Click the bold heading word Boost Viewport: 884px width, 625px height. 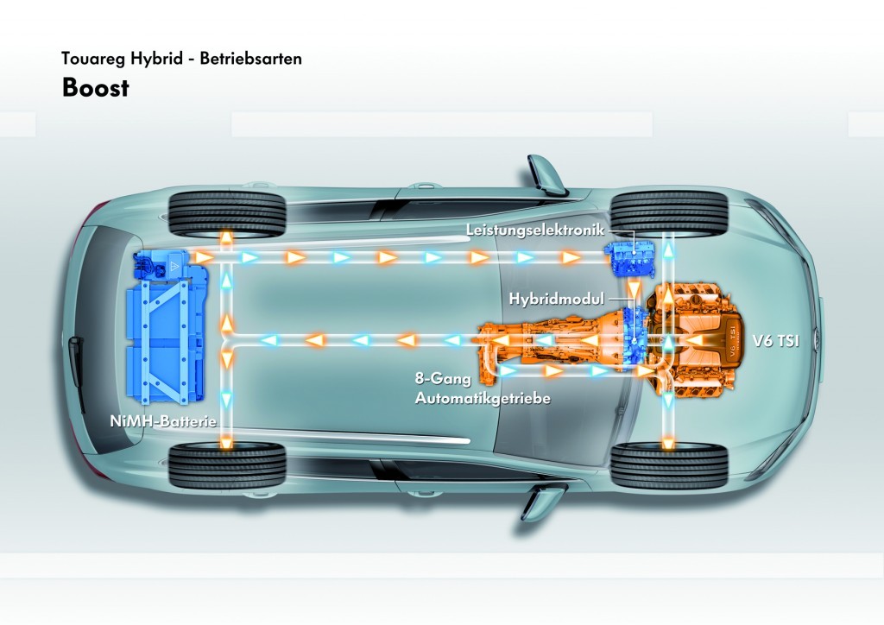point(96,88)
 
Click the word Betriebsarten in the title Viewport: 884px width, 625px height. point(251,59)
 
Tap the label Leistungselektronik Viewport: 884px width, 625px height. point(535,230)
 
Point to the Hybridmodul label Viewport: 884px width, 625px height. point(557,298)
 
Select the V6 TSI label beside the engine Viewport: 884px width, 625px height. point(776,341)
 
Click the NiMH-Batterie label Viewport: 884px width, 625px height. point(163,421)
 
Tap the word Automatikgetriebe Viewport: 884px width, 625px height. point(483,398)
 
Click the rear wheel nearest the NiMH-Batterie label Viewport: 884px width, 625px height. point(228,465)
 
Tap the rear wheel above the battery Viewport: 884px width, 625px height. point(228,214)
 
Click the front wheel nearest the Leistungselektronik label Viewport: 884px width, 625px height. point(670,214)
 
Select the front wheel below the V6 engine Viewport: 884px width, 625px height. point(670,465)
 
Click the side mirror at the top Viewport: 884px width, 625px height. point(544,174)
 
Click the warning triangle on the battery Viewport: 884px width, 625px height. point(175,267)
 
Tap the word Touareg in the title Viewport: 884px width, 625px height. point(94,60)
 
